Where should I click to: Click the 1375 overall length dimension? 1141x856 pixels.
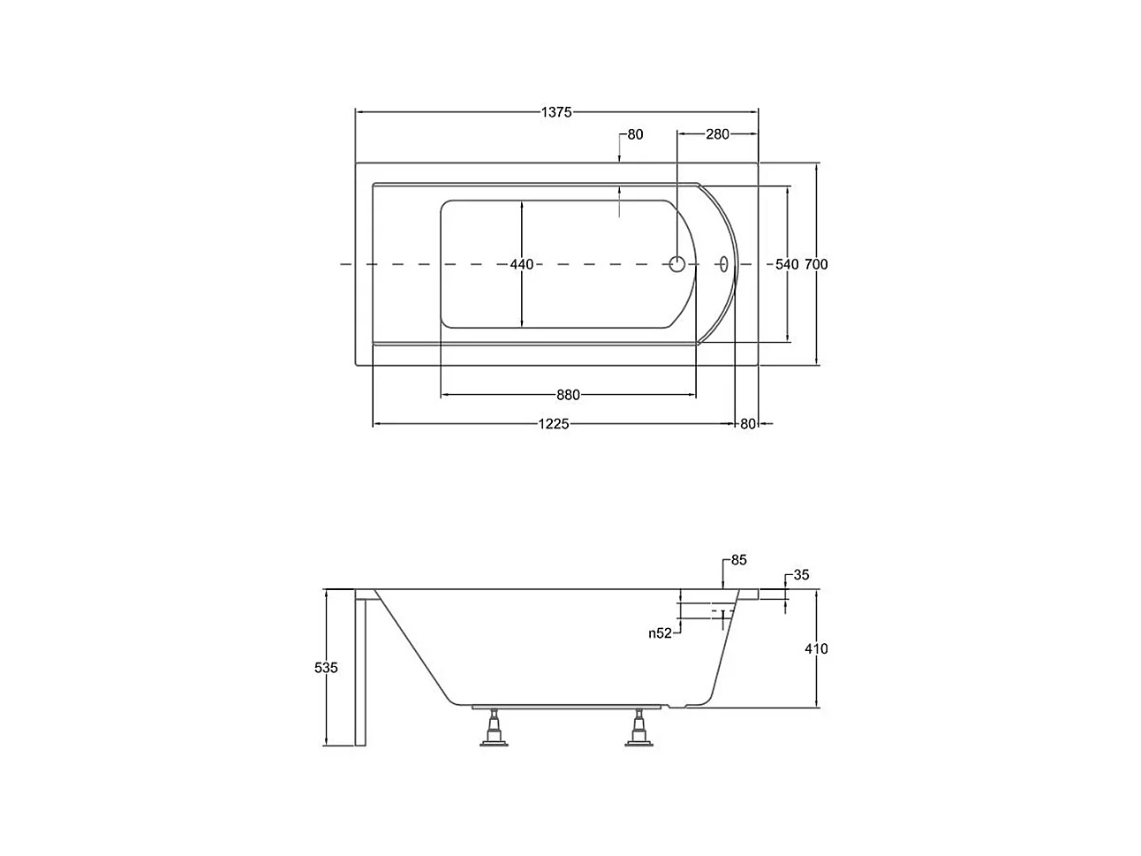click(555, 112)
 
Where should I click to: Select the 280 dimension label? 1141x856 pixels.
click(717, 134)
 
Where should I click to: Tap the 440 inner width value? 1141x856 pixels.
click(521, 264)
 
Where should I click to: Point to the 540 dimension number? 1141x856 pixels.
click(787, 264)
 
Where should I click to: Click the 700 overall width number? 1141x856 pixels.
click(816, 264)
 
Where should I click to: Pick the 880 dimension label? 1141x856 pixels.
click(568, 395)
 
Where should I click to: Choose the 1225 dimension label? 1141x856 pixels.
click(553, 424)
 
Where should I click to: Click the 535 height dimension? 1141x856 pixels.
click(326, 667)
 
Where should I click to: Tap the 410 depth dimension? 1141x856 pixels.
click(816, 648)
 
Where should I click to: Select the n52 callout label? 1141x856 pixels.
click(660, 633)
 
